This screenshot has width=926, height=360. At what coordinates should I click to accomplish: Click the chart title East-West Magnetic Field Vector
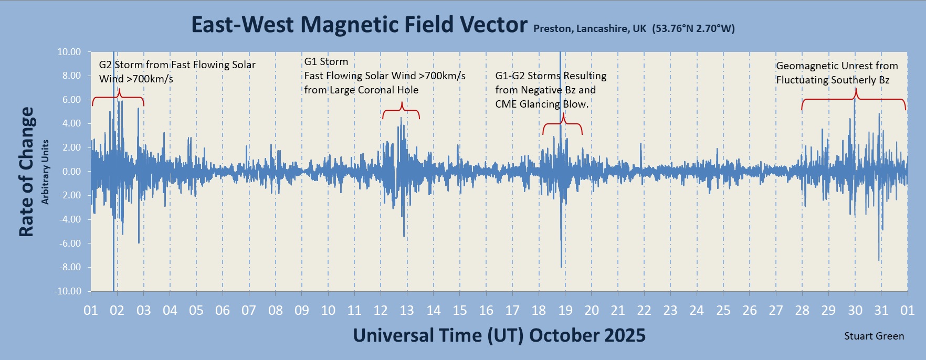(x=359, y=25)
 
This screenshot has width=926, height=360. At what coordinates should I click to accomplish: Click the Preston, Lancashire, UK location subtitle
(x=634, y=29)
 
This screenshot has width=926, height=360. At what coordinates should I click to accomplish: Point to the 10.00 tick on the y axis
(x=69, y=52)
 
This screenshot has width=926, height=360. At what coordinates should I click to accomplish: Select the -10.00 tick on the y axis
(x=68, y=291)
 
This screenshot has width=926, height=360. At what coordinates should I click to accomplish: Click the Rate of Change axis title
(x=26, y=172)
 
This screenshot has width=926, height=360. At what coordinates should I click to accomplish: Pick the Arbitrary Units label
(x=45, y=172)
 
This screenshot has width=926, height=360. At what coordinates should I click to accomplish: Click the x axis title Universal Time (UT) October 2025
(x=499, y=335)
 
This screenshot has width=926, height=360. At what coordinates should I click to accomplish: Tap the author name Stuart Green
(x=874, y=336)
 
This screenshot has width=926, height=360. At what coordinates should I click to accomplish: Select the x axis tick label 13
(x=407, y=311)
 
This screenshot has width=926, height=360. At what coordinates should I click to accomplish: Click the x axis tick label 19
(x=565, y=311)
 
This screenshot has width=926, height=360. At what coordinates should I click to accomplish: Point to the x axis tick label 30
(x=855, y=311)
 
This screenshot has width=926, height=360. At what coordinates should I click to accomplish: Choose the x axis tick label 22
(x=644, y=311)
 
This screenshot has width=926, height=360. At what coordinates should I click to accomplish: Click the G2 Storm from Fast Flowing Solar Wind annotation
(x=177, y=72)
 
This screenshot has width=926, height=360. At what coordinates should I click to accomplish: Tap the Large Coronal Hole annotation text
(x=361, y=90)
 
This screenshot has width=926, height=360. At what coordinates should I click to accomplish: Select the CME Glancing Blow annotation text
(x=542, y=104)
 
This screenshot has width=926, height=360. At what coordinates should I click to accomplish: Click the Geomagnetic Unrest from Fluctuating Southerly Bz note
(x=837, y=73)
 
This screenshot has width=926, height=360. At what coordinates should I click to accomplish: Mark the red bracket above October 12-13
(x=401, y=111)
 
